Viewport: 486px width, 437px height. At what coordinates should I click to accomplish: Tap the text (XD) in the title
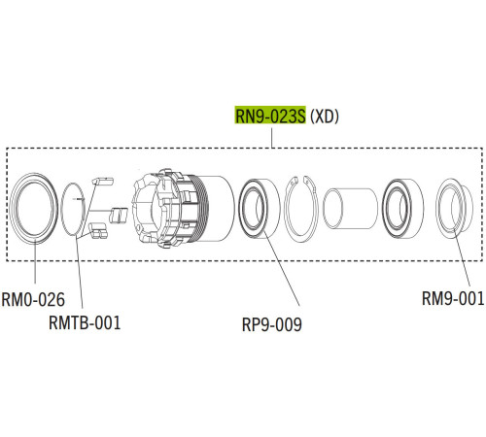[326, 116]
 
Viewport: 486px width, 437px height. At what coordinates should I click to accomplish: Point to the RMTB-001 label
[86, 321]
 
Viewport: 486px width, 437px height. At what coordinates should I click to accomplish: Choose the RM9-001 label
[454, 298]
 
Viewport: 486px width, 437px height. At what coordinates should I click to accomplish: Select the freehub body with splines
[175, 206]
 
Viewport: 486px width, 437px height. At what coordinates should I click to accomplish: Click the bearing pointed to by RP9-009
[258, 207]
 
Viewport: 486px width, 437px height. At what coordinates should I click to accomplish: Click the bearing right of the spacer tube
[399, 206]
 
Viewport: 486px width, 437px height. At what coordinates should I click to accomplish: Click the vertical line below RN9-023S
[271, 138]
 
